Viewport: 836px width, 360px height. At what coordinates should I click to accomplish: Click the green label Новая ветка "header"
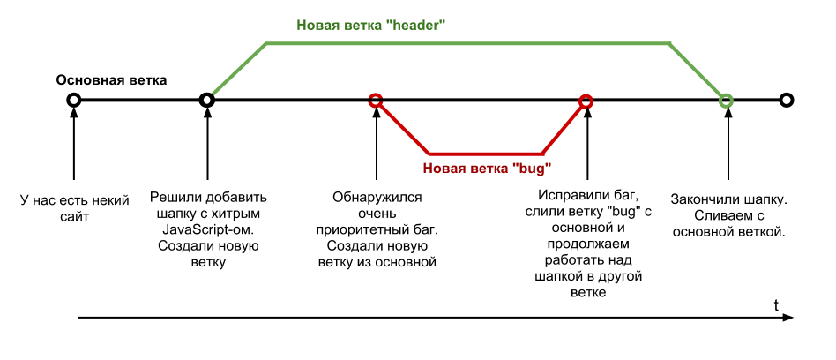[x=369, y=26]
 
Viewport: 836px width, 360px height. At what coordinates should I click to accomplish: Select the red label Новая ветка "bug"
[x=488, y=168]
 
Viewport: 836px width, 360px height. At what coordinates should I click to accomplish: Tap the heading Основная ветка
[x=111, y=80]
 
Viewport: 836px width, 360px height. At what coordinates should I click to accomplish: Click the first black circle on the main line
[x=74, y=100]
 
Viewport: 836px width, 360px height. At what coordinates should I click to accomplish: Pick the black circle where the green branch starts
[x=207, y=100]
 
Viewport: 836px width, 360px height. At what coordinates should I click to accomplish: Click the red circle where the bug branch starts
[x=376, y=100]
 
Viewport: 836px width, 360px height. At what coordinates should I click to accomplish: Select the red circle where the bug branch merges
[x=586, y=101]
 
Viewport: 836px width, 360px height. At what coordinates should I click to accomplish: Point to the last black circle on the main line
[x=787, y=100]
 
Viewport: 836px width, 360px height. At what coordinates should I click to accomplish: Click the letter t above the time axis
[x=776, y=305]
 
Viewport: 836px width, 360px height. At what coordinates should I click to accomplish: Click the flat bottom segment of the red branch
[x=485, y=153]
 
